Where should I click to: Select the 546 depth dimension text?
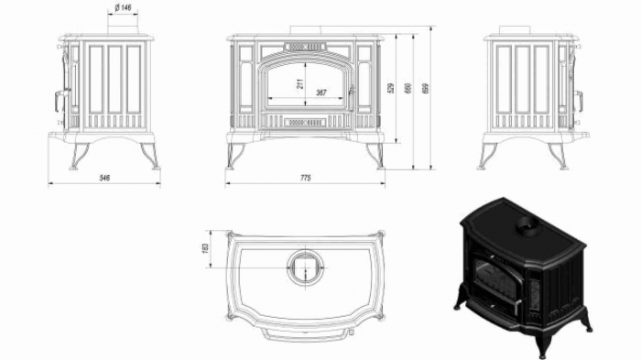click(105, 178)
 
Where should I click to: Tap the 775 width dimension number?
click(305, 178)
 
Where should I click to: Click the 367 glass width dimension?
click(321, 92)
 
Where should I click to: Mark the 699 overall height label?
click(426, 89)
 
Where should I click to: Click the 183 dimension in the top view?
click(206, 247)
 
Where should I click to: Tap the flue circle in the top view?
click(305, 267)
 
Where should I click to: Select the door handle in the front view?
click(349, 91)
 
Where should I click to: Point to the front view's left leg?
click(234, 155)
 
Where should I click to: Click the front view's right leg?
click(375, 155)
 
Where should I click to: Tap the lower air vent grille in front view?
click(305, 122)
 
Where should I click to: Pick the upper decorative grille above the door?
click(305, 46)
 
